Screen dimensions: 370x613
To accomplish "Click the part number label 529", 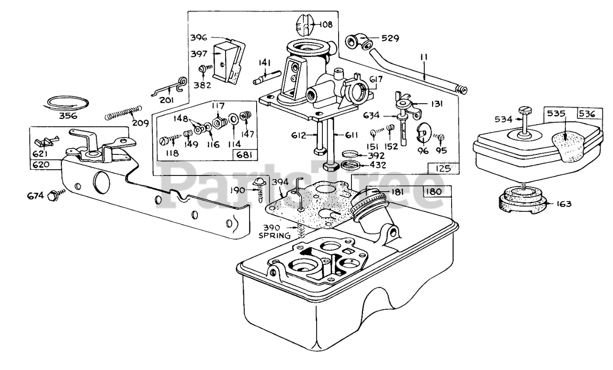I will coord(391,37).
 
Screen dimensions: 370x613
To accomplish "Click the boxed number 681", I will coord(244,155).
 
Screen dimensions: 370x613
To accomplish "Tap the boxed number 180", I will coord(437,191).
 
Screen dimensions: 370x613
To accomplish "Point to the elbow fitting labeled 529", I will coord(359,42).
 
